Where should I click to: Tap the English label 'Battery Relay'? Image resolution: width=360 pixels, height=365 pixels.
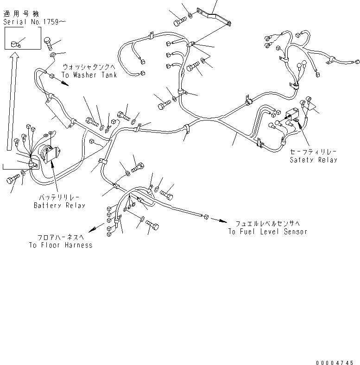(x=59, y=205)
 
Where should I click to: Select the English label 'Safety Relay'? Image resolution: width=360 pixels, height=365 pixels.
(x=313, y=160)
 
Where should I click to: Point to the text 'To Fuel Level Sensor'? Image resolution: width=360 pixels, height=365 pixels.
(x=267, y=231)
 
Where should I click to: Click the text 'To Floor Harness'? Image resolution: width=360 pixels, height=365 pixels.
(x=60, y=245)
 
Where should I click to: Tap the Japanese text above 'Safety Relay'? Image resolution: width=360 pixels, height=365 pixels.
(x=313, y=151)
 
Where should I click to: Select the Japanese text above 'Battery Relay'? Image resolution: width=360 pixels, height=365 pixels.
(x=59, y=197)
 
